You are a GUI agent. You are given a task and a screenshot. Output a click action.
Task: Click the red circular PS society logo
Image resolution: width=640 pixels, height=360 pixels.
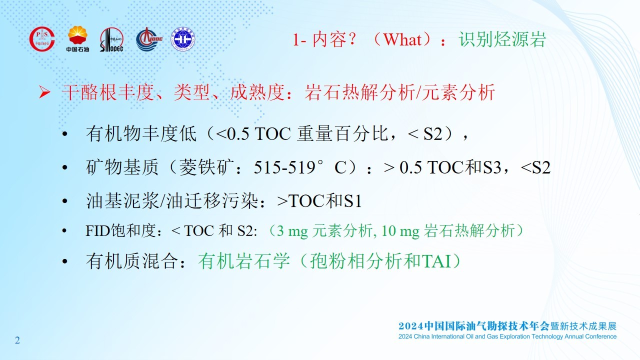(42, 39)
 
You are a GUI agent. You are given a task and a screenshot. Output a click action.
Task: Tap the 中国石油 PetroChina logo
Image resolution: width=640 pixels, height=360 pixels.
(77, 39)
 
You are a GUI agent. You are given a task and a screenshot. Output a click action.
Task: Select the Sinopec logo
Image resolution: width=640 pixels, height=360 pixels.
(111, 39)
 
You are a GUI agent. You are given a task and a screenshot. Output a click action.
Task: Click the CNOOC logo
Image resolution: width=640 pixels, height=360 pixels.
(149, 39)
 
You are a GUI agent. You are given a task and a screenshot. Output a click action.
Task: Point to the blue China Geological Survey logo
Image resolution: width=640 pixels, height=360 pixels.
(183, 39)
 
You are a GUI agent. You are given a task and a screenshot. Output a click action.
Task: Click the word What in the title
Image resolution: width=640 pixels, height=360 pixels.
(402, 39)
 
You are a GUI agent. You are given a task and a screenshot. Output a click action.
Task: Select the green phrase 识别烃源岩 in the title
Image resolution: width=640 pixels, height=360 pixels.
(502, 39)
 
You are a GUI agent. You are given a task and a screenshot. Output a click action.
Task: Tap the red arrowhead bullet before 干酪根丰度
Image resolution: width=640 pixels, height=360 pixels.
(44, 92)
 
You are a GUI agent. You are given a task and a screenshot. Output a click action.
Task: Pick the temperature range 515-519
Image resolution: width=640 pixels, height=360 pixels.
(284, 167)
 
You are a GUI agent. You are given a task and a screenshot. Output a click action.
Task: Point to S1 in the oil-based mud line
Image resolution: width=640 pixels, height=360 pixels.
(353, 201)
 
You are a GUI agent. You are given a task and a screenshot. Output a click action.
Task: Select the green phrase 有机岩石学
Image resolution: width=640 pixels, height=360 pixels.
(244, 261)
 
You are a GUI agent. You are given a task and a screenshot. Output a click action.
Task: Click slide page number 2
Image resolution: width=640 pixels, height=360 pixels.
(17, 340)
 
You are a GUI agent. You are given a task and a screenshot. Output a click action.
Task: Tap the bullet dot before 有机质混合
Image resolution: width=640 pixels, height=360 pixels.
(65, 261)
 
